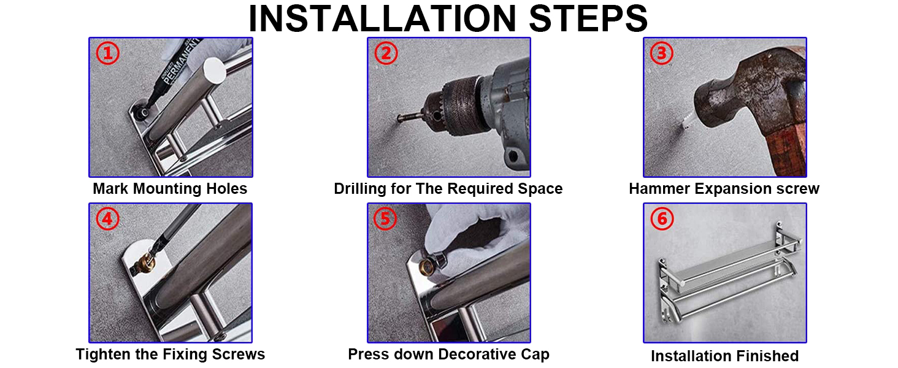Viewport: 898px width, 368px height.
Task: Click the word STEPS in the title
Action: click(588, 18)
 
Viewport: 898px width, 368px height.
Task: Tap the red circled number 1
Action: click(107, 53)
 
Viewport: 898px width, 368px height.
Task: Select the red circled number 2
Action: click(386, 53)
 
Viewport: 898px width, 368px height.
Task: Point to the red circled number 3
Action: click(661, 53)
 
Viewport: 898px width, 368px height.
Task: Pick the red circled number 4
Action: click(107, 218)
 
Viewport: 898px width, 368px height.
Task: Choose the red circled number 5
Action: click(385, 218)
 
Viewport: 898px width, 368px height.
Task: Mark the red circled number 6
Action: click(662, 218)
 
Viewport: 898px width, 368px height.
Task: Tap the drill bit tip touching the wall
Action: click(399, 118)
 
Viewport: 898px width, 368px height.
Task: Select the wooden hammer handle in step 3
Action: click(785, 148)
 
